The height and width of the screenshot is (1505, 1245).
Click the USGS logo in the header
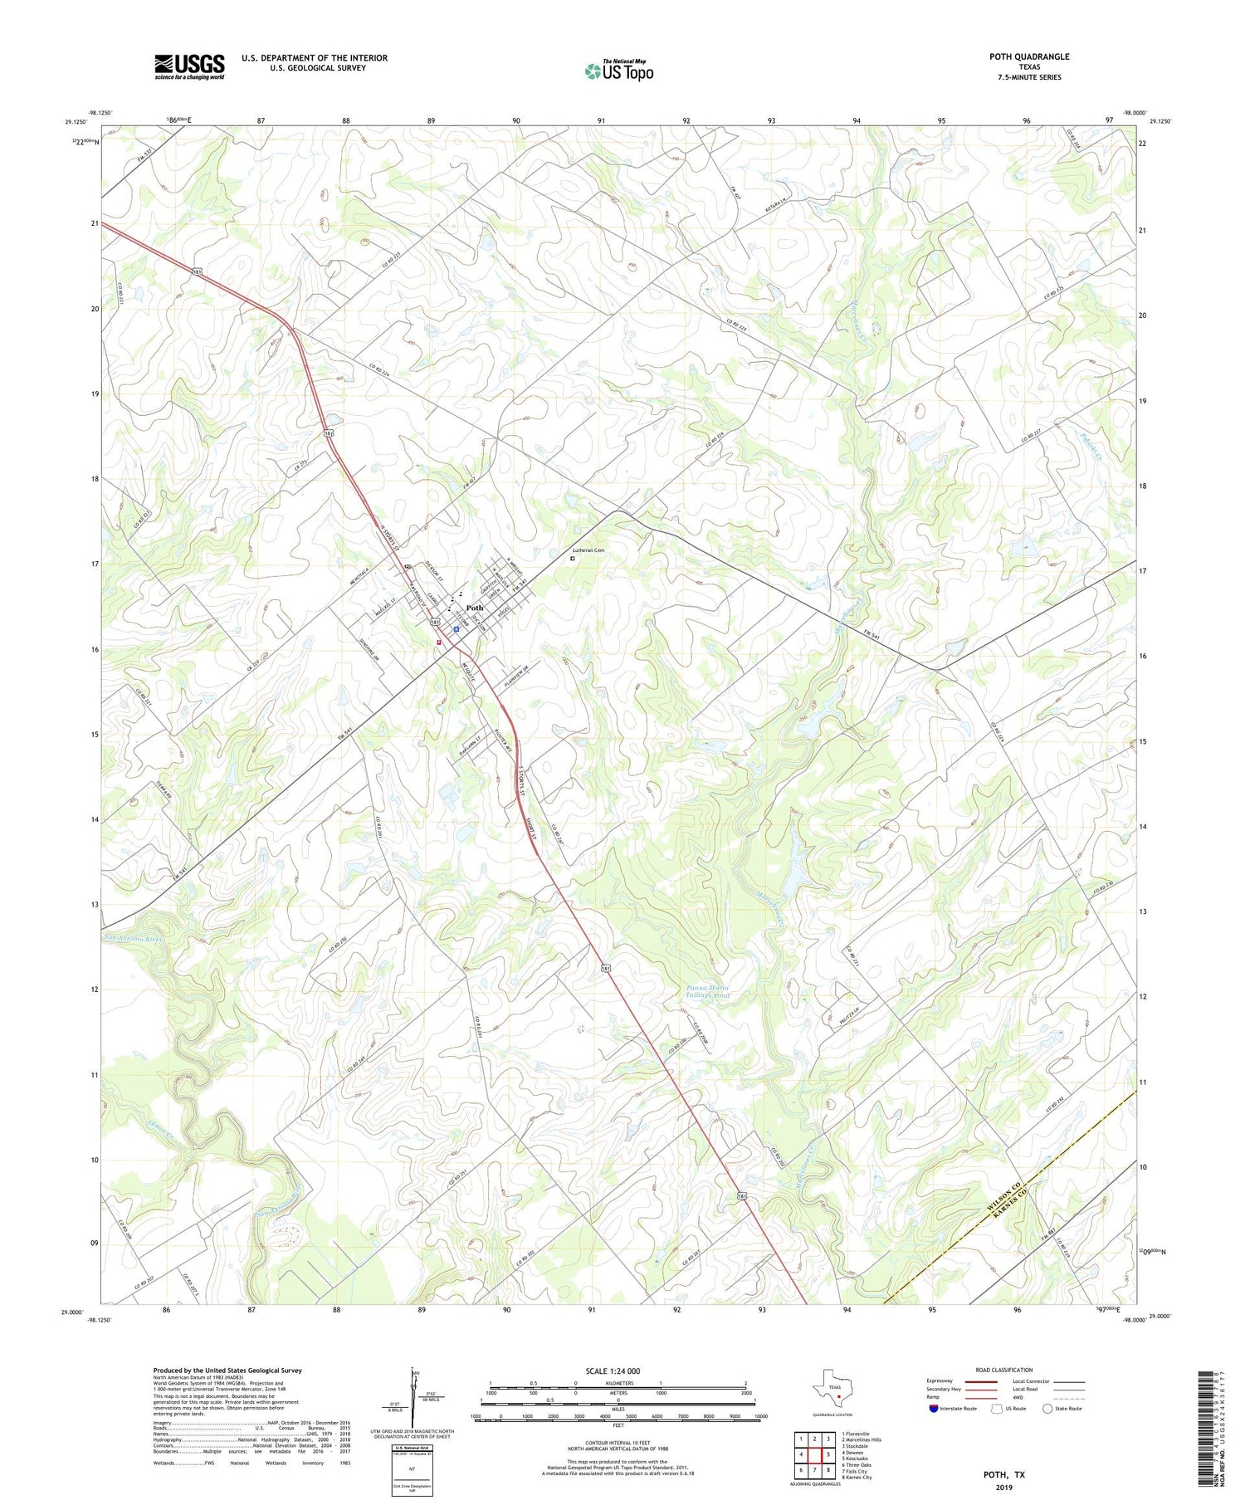point(189,66)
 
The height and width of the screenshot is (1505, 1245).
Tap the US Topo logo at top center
point(619,71)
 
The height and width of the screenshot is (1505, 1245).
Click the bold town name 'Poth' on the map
point(475,608)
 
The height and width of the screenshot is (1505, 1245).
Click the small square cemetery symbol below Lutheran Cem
point(572,559)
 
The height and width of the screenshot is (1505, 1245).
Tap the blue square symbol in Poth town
point(456,629)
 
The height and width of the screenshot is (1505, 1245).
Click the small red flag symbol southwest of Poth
point(439,641)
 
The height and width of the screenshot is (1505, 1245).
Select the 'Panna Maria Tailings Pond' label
point(708,991)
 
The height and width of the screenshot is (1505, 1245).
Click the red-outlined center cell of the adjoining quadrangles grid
point(814,1454)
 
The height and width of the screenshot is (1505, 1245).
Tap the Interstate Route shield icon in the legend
point(934,1408)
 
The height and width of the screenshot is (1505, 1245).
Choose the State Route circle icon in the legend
point(1047,1408)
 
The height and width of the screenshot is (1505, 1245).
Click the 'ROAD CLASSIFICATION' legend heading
point(1004,1370)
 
